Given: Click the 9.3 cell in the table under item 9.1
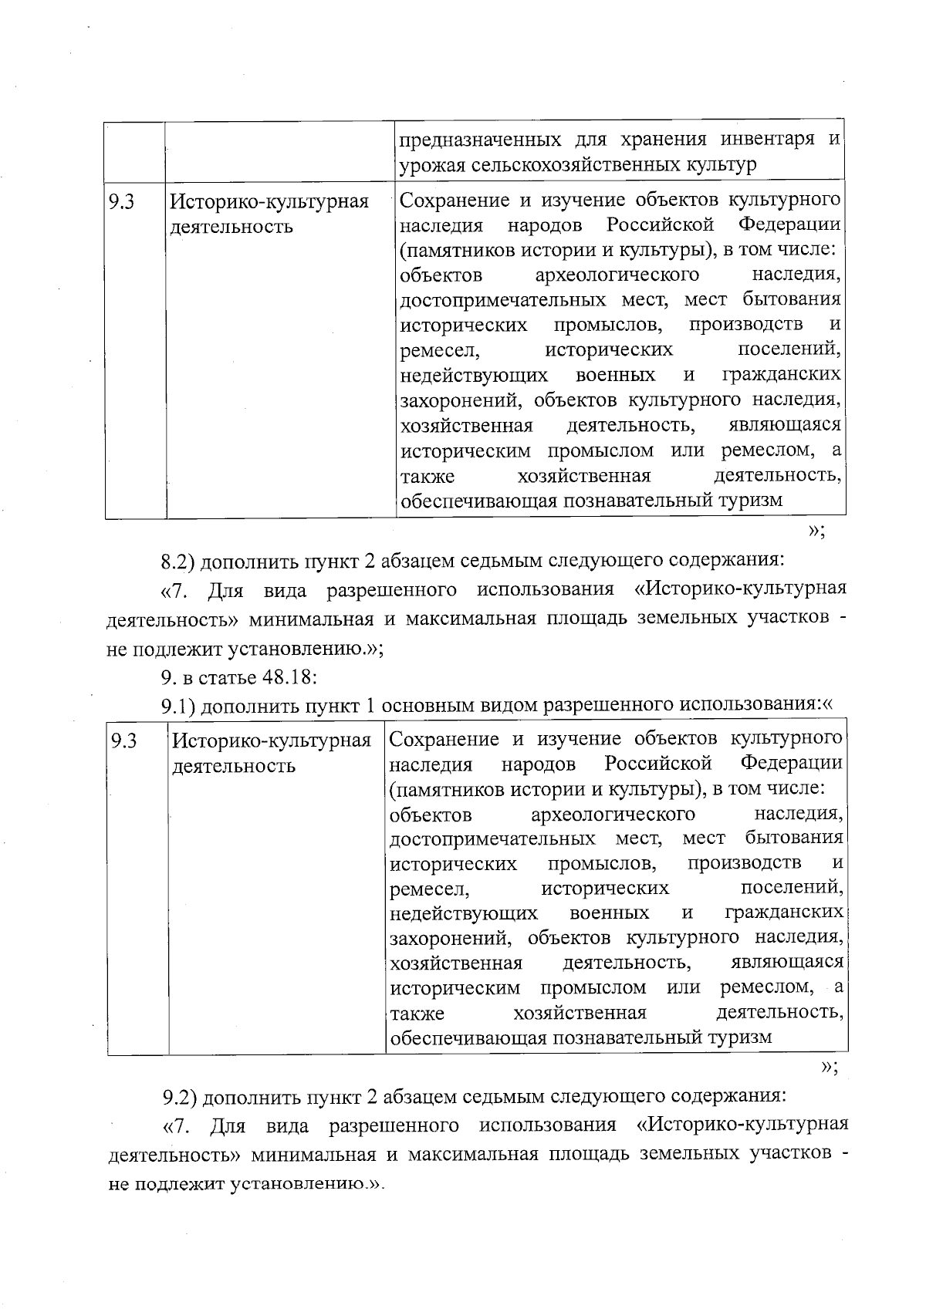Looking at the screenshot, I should pos(123,741).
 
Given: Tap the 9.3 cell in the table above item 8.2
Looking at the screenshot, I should pos(121,202).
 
